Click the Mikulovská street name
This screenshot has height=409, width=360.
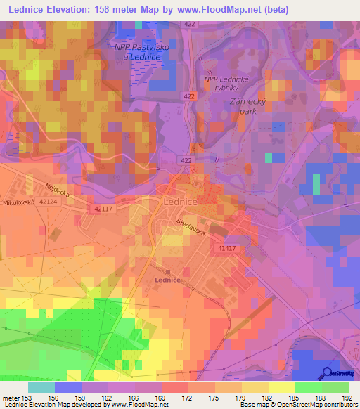19,203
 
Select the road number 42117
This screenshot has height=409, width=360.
103,209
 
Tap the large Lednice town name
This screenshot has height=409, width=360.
184,200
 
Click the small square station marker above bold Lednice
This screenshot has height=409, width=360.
167,271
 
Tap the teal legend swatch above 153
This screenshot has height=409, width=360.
41,387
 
